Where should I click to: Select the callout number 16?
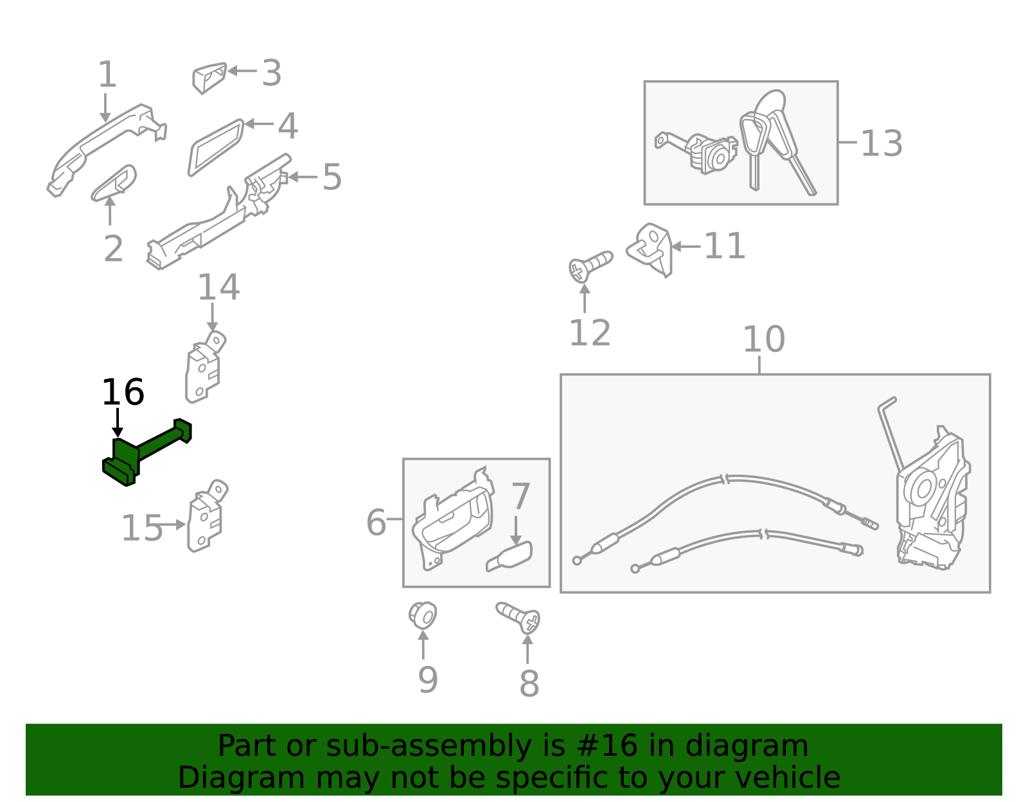(x=123, y=392)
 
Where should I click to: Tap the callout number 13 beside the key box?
(x=881, y=143)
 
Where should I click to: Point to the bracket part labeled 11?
(x=650, y=249)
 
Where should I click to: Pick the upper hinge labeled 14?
(x=204, y=369)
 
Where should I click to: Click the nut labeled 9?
(x=423, y=615)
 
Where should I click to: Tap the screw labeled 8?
(x=519, y=617)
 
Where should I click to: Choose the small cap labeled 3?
(x=209, y=77)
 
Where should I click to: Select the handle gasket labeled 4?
(x=215, y=148)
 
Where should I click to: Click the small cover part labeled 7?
(x=510, y=556)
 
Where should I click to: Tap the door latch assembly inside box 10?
(x=932, y=501)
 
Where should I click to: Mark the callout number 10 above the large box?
(x=763, y=339)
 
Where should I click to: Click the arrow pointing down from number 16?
(x=118, y=424)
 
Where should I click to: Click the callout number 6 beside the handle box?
(x=376, y=522)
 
